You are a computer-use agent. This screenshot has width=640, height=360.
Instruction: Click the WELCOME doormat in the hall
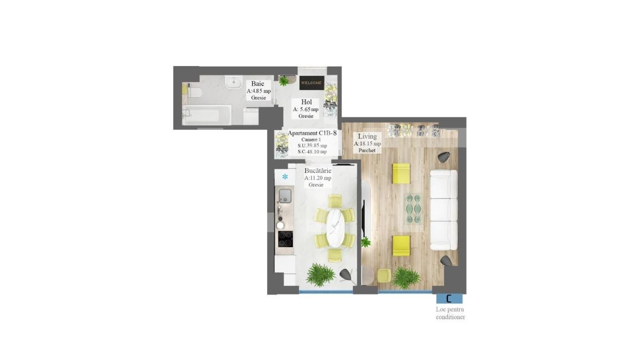click(x=311, y=83)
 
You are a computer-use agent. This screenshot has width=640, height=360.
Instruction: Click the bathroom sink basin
click(x=233, y=82)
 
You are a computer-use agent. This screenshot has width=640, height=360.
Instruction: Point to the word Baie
click(x=258, y=84)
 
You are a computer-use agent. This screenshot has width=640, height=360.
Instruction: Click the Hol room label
click(x=306, y=102)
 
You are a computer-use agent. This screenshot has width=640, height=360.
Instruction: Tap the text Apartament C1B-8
click(x=312, y=133)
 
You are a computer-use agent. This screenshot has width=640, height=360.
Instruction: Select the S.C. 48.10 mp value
click(x=312, y=151)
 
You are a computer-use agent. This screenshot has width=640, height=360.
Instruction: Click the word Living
click(x=367, y=136)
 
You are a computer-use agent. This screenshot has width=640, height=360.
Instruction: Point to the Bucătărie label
click(x=317, y=170)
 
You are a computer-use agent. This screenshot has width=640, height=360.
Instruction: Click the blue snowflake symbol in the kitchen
click(x=285, y=177)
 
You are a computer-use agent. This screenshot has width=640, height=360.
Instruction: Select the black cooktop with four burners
click(x=285, y=238)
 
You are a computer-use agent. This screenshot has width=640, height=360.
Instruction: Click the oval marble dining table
click(x=335, y=228)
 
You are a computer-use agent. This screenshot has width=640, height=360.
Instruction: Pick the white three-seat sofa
click(x=443, y=210)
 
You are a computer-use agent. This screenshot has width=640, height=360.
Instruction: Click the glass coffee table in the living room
click(x=413, y=209)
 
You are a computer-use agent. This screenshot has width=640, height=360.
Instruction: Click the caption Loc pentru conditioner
click(x=450, y=313)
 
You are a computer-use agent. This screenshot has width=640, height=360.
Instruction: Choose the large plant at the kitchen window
click(x=321, y=275)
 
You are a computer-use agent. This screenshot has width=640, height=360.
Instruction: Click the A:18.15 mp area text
click(x=367, y=144)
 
